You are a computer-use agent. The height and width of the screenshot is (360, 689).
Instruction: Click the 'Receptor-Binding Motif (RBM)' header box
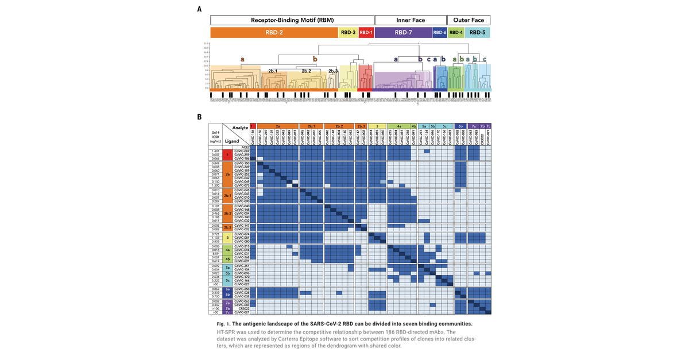(292, 20)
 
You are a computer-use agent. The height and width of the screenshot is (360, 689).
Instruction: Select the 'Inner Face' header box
(411, 20)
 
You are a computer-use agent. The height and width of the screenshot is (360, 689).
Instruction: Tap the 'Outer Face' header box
(469, 20)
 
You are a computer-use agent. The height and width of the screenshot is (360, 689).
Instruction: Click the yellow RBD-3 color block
(348, 33)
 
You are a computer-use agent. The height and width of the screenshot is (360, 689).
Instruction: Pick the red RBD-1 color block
(366, 33)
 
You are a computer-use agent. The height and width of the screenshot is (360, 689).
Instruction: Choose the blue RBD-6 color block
(440, 33)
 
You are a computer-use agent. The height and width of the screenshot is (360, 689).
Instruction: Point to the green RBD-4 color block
(456, 33)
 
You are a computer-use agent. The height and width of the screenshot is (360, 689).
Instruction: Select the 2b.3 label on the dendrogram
(333, 71)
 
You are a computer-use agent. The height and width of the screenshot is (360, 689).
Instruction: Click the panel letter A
(199, 9)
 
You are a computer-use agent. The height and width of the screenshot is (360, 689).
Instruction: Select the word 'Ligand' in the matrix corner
(232, 141)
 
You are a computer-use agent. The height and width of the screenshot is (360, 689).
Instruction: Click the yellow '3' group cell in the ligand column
(228, 237)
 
